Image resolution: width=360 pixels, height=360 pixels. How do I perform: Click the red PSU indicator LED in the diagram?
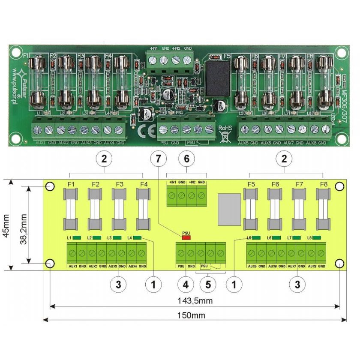pos(186,237)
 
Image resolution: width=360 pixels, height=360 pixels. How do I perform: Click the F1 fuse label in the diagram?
pos(72,185)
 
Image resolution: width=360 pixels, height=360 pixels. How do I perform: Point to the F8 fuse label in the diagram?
pos(324,185)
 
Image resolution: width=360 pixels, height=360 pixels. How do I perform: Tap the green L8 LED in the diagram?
pos(318,237)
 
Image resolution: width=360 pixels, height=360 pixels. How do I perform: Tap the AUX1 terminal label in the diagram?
pos(73,266)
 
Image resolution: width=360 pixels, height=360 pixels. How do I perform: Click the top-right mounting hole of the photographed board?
pos(341,53)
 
